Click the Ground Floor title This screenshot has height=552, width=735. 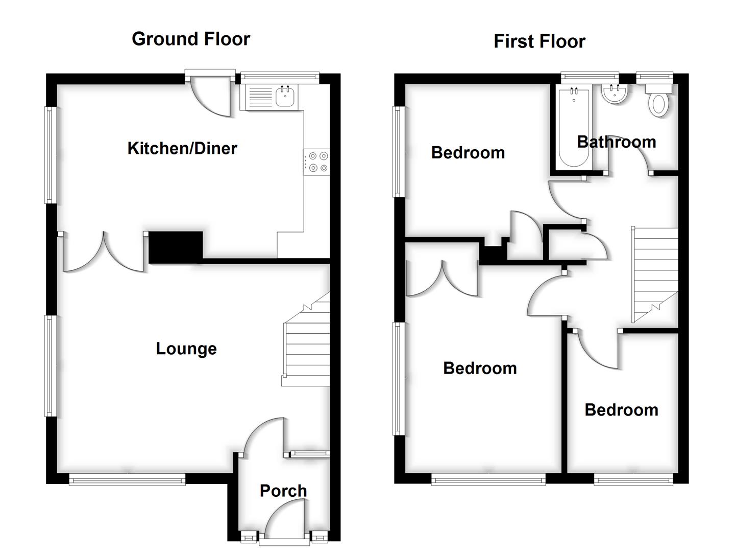coord(191,39)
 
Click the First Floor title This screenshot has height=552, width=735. coord(539,41)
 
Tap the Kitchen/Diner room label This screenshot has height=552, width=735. coord(182,148)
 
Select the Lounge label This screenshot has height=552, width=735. coord(186,349)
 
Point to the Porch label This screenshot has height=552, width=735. coord(283,491)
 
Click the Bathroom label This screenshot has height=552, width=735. coord(616,142)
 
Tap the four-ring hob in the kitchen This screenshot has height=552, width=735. coord(317,162)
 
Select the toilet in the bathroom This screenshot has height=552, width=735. coord(658,101)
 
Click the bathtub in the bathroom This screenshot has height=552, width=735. coord(574,127)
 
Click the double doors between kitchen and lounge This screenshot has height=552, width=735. coord(104,253)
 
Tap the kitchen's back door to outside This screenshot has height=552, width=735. coord(210,97)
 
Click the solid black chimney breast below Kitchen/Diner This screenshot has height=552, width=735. coord(176,247)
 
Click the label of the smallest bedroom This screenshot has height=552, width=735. coord(621,410)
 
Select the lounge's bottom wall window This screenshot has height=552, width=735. coord(127,479)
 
